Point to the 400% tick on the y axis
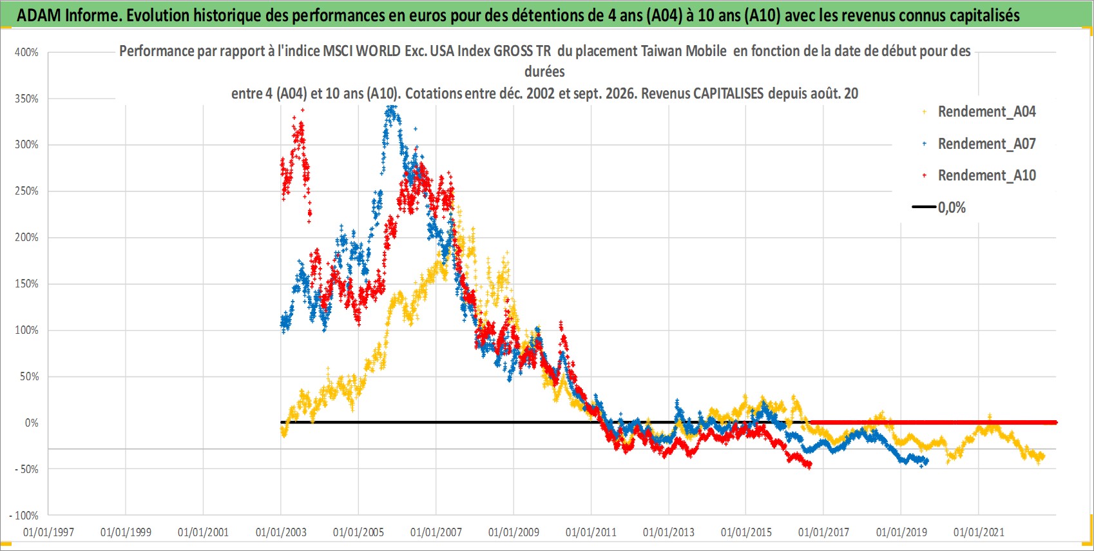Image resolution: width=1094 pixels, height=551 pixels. (x=26, y=52)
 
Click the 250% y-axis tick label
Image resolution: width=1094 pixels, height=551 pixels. (x=26, y=191)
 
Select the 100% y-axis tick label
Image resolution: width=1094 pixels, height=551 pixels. (x=26, y=330)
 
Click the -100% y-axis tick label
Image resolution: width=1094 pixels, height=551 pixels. (x=23, y=516)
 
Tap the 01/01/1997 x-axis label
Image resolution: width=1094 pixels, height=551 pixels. (x=48, y=532)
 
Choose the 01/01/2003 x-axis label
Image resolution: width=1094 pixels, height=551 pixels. (x=281, y=532)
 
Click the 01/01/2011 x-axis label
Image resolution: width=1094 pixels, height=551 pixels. (x=591, y=532)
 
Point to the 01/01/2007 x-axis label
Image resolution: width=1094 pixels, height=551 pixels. (x=436, y=532)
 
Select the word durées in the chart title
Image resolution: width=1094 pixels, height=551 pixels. (x=544, y=72)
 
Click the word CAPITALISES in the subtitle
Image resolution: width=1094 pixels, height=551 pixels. (x=728, y=93)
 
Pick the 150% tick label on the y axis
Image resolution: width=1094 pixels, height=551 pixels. (x=26, y=284)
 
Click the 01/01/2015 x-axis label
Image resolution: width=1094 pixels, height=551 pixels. (x=746, y=532)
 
